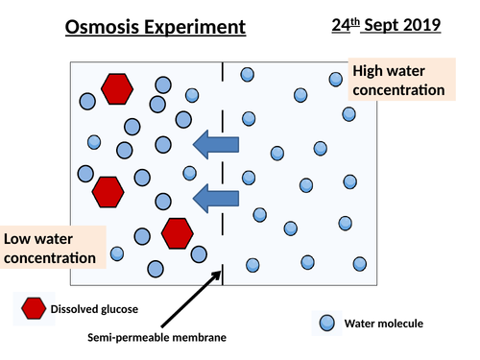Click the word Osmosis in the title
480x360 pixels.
tap(100, 26)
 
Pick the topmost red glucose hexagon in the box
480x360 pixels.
tap(117, 87)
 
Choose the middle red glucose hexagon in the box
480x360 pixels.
tap(108, 191)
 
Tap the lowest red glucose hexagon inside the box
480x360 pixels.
tap(177, 232)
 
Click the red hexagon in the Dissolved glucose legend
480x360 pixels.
tap(34, 308)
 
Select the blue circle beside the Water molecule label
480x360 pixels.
tap(327, 323)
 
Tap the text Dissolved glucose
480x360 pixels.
tap(93, 309)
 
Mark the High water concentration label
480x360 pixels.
tap(397, 80)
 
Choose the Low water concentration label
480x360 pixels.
tap(50, 248)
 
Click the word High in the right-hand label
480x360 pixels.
tap(370, 70)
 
